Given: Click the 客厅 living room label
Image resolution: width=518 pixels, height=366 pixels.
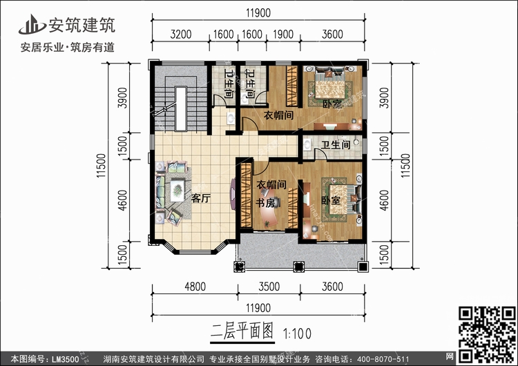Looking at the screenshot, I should pyautogui.click(x=200, y=198).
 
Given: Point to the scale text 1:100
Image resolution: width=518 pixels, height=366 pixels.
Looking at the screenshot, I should pyautogui.click(x=298, y=331).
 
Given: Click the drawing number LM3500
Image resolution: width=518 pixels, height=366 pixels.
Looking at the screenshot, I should pyautogui.click(x=67, y=358).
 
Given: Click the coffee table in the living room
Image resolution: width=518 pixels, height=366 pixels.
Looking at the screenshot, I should pyautogui.click(x=178, y=186).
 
